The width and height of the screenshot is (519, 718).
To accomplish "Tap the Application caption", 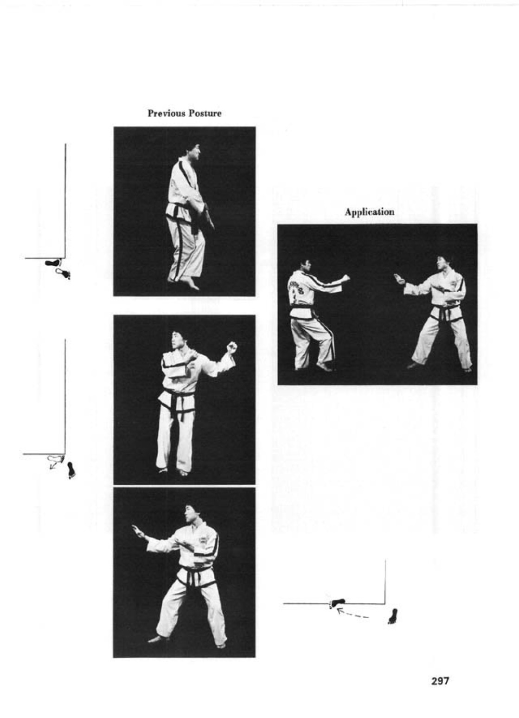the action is click(369, 212).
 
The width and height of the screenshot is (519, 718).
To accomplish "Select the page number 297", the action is click(440, 681).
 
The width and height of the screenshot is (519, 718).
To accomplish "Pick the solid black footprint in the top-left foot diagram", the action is click(52, 263).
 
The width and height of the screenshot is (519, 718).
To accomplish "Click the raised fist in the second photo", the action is click(231, 347).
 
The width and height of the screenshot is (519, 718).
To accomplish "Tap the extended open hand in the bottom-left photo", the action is click(138, 532).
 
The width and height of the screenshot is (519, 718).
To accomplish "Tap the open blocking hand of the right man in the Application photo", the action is click(399, 279).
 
